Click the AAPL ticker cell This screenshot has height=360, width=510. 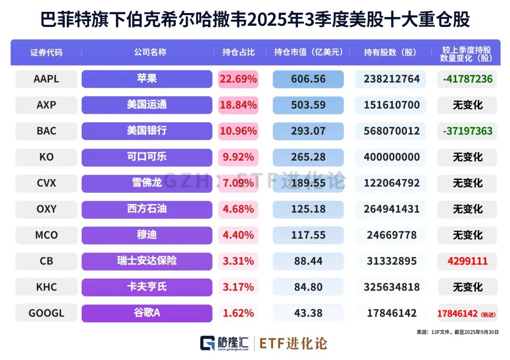click(46, 79)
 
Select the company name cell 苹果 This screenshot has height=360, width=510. click(147, 79)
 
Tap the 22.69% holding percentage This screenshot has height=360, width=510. click(238, 79)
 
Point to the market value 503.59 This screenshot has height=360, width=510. click(308, 105)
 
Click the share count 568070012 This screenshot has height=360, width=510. click(391, 131)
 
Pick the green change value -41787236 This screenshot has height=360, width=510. click(467, 79)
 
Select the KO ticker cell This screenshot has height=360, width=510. click(46, 157)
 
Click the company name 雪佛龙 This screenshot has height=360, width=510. click(147, 183)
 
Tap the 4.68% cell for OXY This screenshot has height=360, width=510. click(238, 209)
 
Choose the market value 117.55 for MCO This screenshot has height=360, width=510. click(308, 235)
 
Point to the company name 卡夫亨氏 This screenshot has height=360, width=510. click(147, 287)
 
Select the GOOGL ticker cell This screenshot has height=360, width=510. click(46, 313)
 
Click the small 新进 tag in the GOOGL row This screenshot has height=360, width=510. click(488, 314)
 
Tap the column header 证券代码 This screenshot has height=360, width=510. click(46, 52)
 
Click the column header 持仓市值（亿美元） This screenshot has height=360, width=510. click(308, 52)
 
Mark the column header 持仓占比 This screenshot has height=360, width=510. click(238, 52)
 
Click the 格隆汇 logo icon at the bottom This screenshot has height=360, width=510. click(208, 343)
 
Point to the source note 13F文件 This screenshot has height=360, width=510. click(441, 332)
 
